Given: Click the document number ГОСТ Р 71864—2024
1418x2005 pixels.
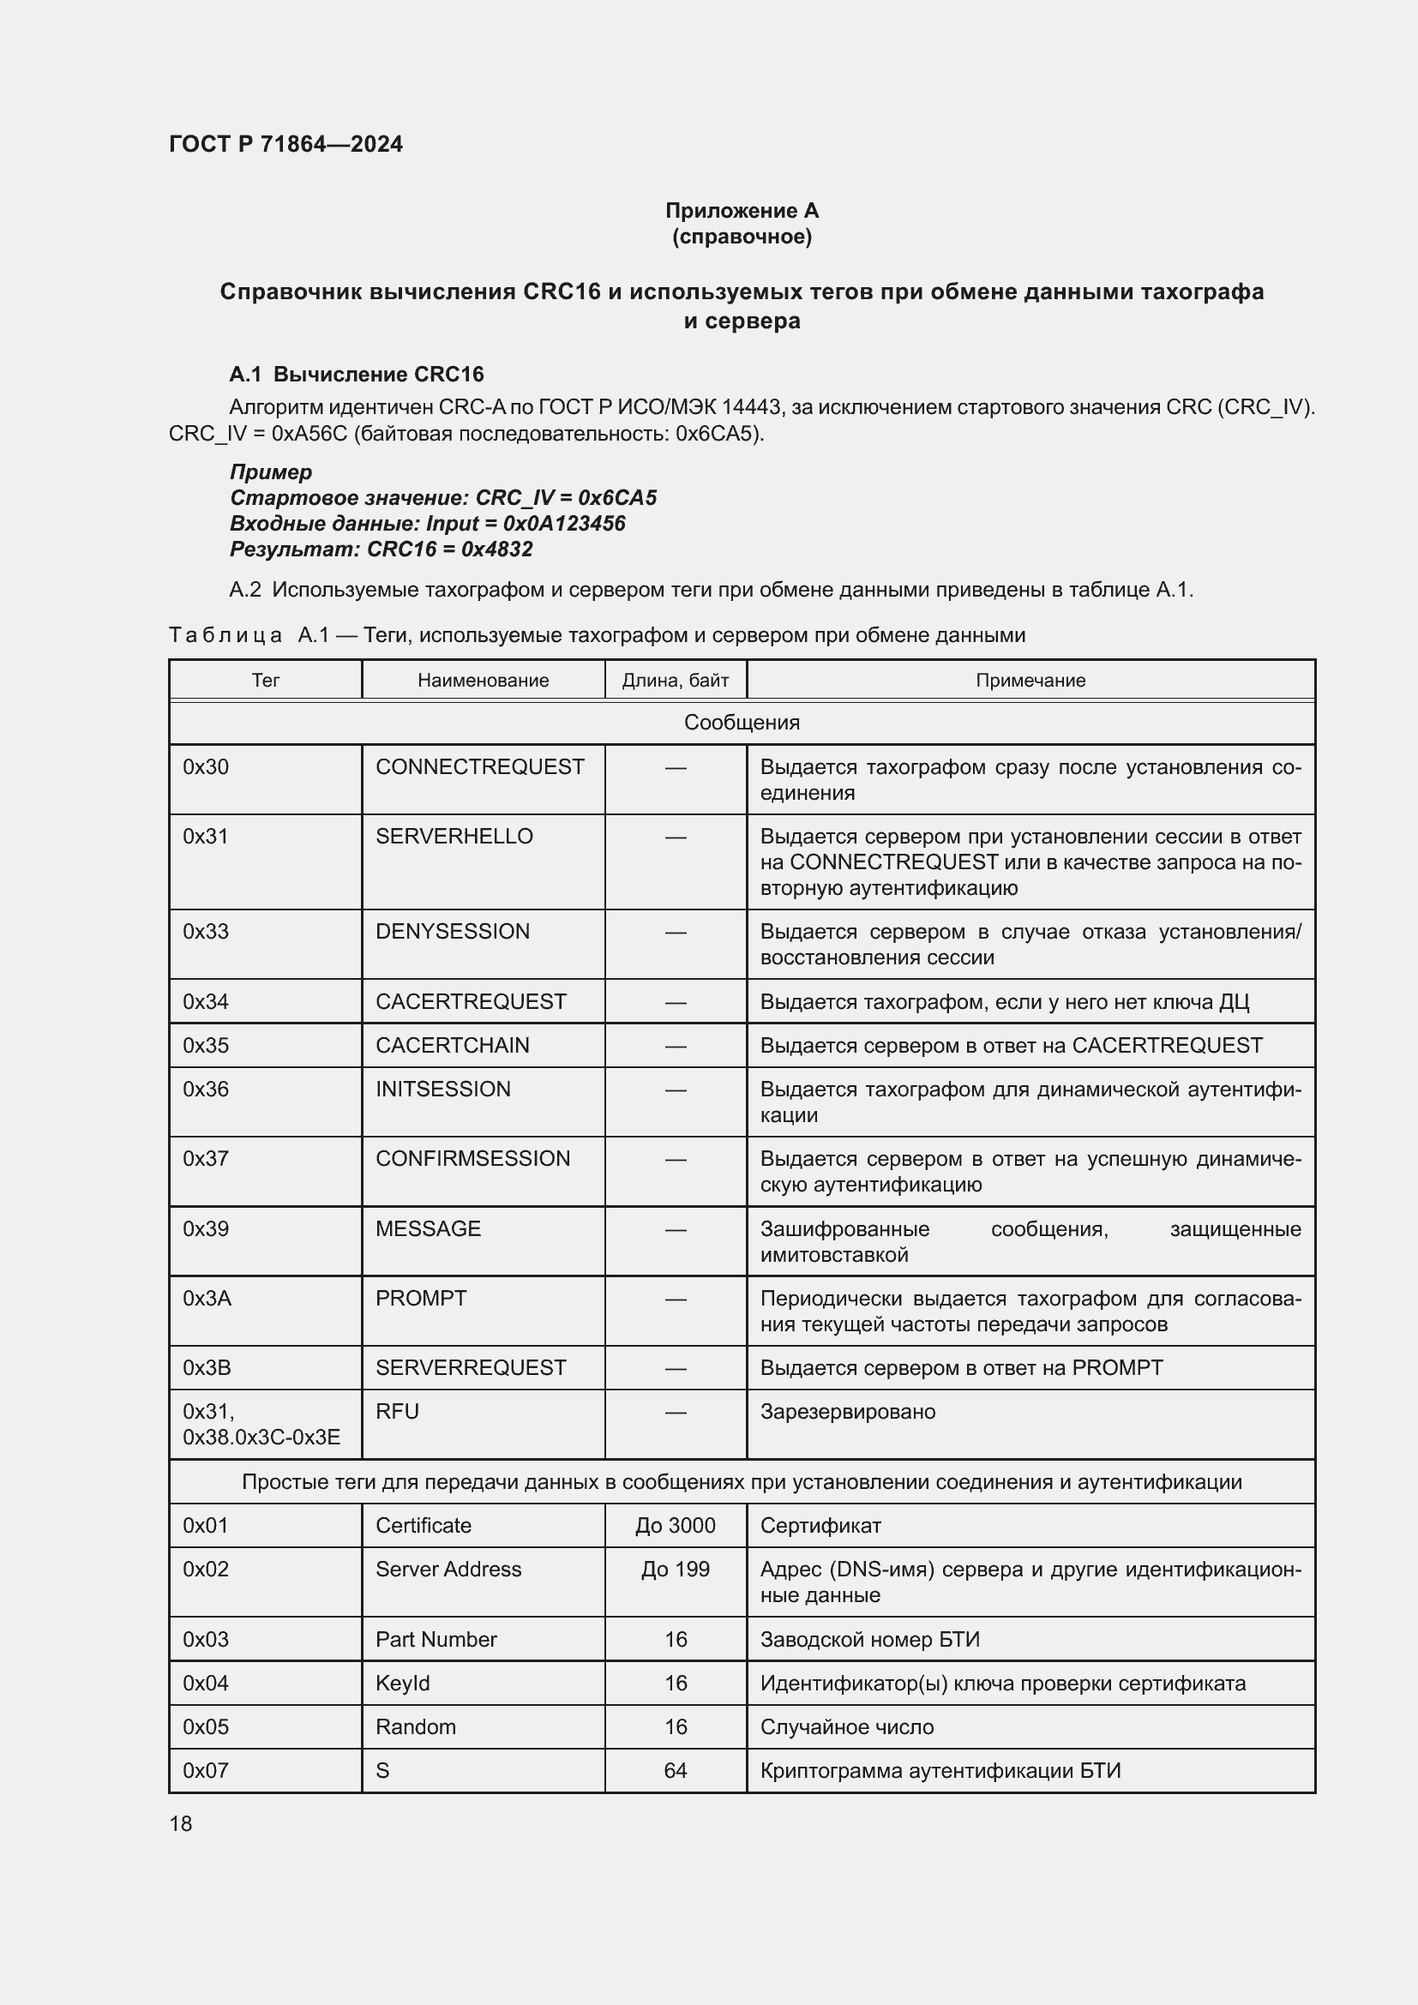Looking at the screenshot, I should [285, 144].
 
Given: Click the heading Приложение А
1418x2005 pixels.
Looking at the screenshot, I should [742, 211].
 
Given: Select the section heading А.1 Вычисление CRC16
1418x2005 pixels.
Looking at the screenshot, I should [357, 374].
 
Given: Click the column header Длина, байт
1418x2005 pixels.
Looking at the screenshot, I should [675, 681].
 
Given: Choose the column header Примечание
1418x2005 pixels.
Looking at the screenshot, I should [1030, 681].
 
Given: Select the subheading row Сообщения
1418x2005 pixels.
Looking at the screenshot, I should [742, 722].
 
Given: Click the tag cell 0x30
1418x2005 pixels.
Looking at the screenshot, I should [206, 766].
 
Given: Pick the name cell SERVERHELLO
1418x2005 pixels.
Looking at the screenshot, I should [454, 836].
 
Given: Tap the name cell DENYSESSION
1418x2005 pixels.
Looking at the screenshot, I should [453, 931].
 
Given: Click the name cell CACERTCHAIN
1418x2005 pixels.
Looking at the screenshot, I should [453, 1044].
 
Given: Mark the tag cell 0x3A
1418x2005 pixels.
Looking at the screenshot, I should [207, 1298].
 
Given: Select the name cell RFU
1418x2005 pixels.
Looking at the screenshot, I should [397, 1411].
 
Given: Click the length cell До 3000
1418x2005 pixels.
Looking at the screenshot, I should [675, 1525].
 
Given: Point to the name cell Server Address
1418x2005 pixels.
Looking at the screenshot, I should [448, 1569].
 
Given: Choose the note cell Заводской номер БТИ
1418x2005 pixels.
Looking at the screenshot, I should [869, 1639].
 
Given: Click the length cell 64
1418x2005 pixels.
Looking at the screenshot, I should [675, 1770].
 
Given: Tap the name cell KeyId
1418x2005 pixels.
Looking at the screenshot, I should [403, 1683].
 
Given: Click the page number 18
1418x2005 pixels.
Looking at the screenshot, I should [181, 1823].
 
